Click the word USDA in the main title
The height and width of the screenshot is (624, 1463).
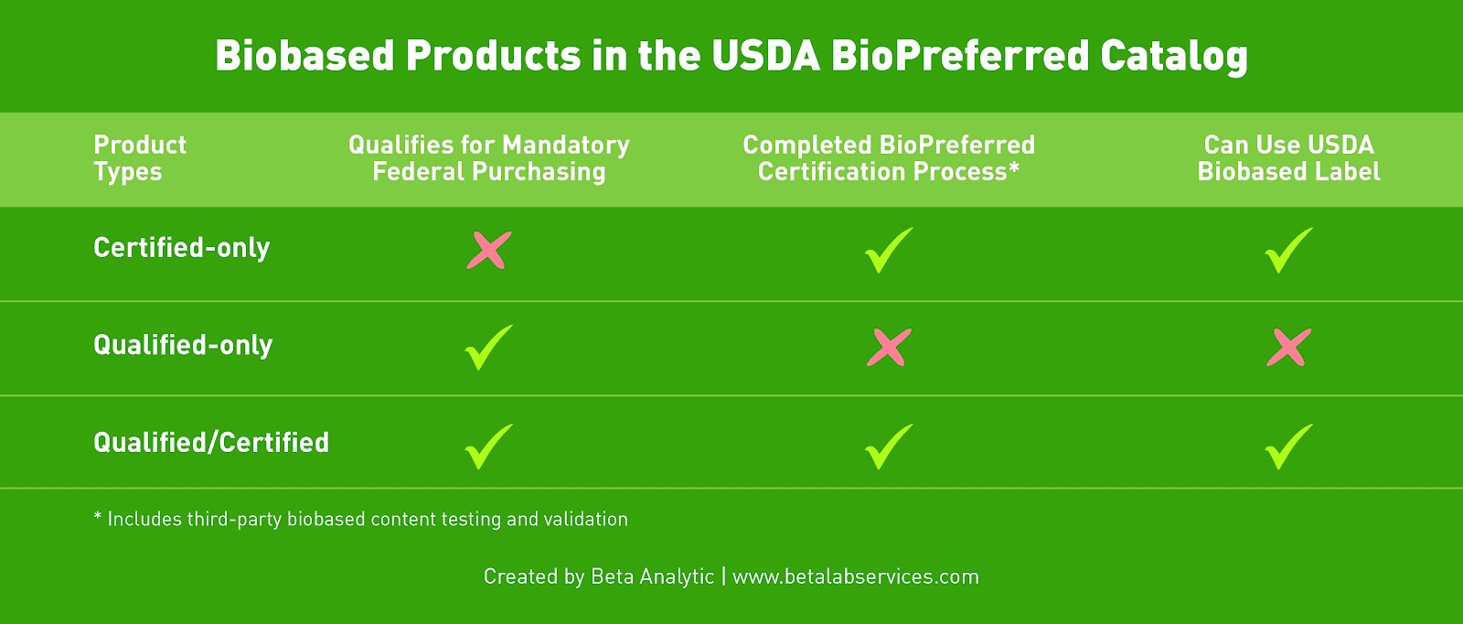[765, 55]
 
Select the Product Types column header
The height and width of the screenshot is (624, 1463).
[140, 158]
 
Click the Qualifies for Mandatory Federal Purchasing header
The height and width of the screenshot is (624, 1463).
[489, 158]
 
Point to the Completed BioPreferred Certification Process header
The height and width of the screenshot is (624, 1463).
[889, 158]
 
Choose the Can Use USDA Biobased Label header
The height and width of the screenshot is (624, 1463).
[1288, 158]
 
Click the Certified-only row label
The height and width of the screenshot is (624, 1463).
[182, 248]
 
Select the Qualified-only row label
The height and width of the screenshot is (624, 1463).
[183, 345]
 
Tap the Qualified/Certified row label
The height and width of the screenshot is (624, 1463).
[211, 442]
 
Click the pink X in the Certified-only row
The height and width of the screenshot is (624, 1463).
[489, 251]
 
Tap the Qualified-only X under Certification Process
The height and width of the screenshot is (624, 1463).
[889, 348]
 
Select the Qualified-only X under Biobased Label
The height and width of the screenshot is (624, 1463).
[1288, 348]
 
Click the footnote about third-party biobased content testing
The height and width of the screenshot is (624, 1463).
[360, 519]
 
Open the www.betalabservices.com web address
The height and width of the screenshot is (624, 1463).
[856, 576]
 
